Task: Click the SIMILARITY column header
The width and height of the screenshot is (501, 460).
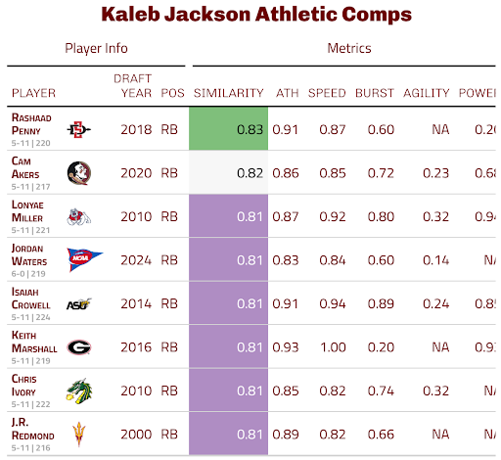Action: pos(229,94)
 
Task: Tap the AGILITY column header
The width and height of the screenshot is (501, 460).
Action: pos(426,94)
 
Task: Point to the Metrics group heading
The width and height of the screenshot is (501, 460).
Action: pos(348,48)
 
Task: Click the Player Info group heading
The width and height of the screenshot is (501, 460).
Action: pos(96,48)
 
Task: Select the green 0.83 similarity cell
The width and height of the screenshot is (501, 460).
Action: pos(229,129)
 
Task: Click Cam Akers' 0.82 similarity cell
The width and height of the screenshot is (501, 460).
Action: pos(229,173)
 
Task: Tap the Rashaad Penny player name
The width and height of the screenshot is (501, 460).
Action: pos(32,122)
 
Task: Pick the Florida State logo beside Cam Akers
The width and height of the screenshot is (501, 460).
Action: pos(78,173)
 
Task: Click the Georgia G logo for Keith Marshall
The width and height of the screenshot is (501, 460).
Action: pos(78,347)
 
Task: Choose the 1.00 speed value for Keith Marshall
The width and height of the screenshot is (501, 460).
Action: pos(327,347)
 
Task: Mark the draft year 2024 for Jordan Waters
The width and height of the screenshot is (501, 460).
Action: pos(137,260)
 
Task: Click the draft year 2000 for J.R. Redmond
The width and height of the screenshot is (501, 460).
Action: pos(137,435)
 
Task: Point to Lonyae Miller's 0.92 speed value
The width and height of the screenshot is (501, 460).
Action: pos(327,216)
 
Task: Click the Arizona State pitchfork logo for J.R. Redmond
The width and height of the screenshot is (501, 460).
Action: pos(78,434)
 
